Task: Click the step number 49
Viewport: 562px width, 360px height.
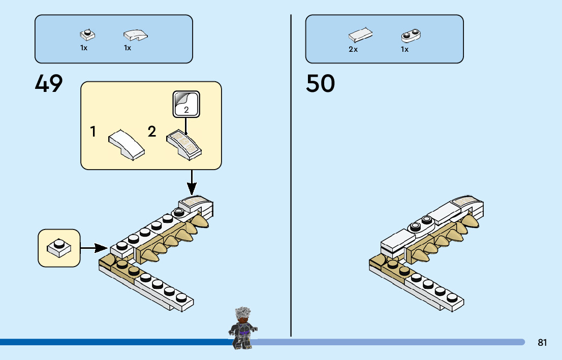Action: tap(49, 83)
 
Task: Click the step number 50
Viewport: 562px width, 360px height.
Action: tap(321, 83)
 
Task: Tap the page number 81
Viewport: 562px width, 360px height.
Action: tap(542, 342)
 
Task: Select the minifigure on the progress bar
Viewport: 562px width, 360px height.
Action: tap(243, 328)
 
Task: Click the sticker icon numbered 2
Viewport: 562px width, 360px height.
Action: tap(186, 104)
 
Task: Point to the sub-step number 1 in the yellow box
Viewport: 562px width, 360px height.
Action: tap(93, 132)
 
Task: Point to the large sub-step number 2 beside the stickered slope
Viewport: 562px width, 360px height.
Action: tap(152, 132)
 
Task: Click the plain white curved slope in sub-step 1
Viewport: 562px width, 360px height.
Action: tap(127, 145)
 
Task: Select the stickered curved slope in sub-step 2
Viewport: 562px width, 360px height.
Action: tap(184, 145)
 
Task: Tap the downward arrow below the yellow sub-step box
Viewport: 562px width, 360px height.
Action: tap(192, 182)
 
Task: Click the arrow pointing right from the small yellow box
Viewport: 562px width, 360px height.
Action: tap(94, 247)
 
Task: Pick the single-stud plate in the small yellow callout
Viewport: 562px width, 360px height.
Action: tap(59, 247)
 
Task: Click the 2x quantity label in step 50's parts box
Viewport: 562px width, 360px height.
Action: tap(353, 49)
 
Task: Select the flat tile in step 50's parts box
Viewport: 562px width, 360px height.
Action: tap(361, 35)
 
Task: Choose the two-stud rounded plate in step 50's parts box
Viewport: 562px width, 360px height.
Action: tap(411, 36)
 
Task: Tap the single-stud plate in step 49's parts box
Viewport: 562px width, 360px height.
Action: tap(87, 35)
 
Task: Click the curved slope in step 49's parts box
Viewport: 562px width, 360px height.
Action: tap(136, 35)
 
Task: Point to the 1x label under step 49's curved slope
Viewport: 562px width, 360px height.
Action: tap(128, 48)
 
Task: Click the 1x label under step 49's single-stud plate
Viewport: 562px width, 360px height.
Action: tap(84, 48)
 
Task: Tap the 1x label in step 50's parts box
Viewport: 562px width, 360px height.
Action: tap(404, 49)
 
